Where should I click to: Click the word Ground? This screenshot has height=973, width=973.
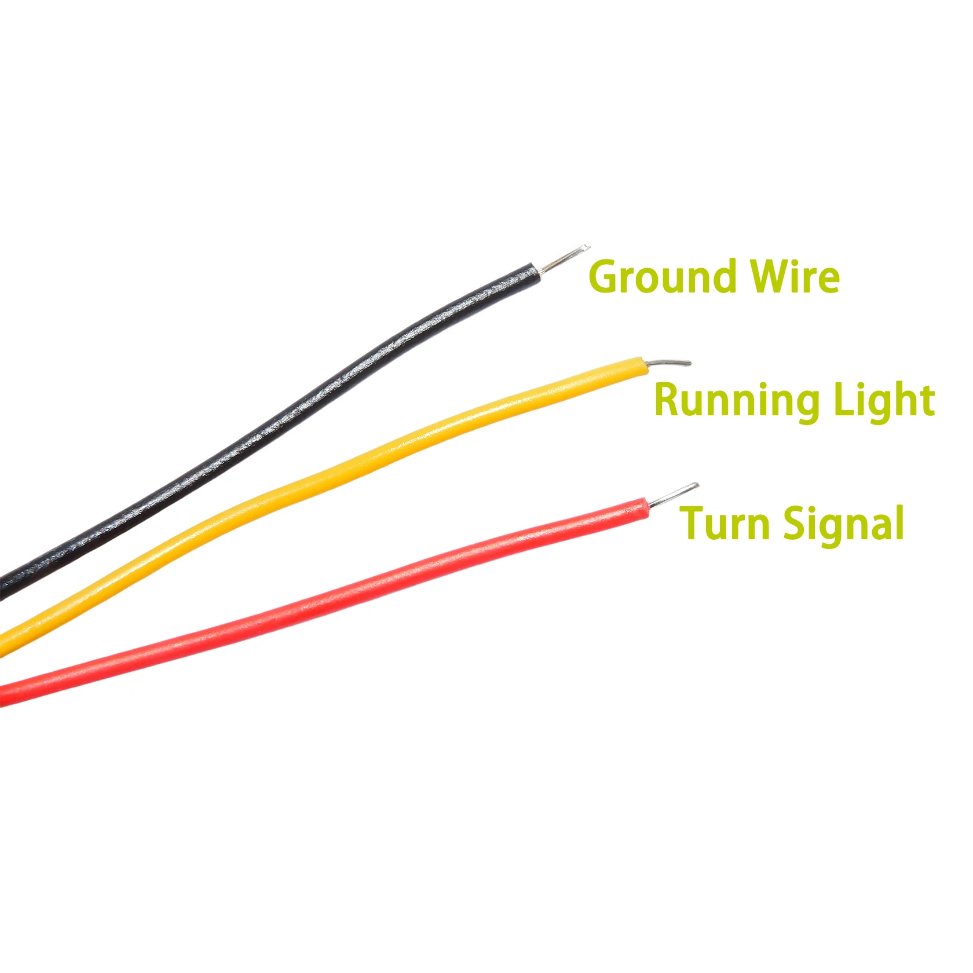(664, 277)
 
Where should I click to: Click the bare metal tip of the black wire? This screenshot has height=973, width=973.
(565, 258)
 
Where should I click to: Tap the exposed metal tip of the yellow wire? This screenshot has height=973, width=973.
(669, 363)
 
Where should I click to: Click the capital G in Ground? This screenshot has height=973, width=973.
(604, 277)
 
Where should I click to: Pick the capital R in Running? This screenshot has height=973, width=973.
(668, 400)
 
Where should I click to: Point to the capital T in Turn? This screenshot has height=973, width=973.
(694, 522)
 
